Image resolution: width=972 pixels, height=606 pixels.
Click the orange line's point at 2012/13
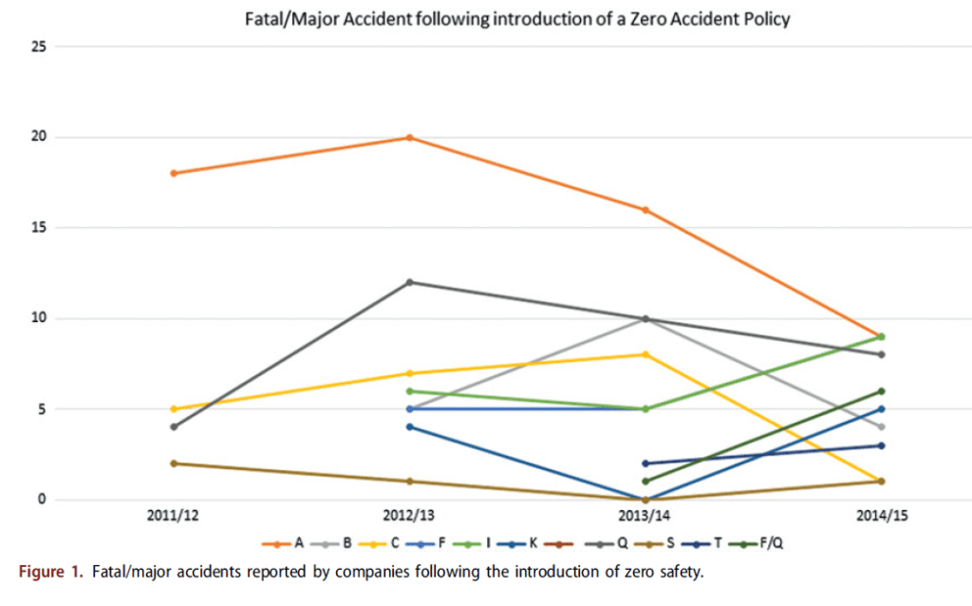409,138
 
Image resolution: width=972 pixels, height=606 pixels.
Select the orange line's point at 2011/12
173,174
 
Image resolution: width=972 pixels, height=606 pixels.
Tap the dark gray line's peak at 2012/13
409,282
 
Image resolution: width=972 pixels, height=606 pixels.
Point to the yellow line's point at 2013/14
645,354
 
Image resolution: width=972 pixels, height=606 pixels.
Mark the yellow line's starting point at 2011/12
173,409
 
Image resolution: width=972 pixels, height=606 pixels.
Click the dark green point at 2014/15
882,391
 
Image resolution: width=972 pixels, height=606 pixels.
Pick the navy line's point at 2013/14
645,464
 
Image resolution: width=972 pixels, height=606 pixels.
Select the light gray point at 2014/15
882,427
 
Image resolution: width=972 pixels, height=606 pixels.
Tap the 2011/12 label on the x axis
173,517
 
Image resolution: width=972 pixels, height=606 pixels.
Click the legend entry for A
285,543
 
